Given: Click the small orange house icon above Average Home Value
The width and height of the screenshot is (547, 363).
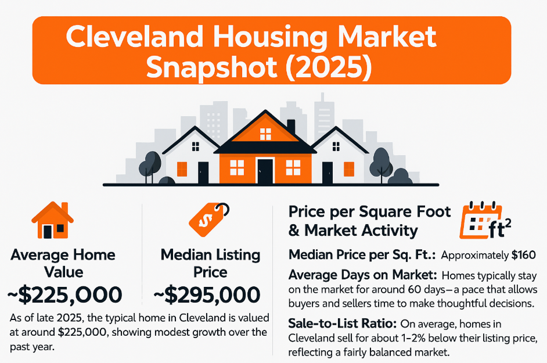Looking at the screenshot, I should (52, 220).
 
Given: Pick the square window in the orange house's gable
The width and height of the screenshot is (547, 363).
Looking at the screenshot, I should (265, 134).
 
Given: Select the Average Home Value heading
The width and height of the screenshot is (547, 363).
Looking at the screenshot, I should (63, 263).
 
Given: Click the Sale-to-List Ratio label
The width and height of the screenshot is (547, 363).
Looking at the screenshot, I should (333, 322).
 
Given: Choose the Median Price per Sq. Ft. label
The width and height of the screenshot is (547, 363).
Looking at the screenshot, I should (362, 255).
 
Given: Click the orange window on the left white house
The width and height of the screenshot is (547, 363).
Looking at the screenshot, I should (182, 169).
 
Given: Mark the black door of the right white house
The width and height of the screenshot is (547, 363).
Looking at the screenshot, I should (328, 172).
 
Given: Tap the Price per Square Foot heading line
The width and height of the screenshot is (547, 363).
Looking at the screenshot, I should (369, 212).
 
